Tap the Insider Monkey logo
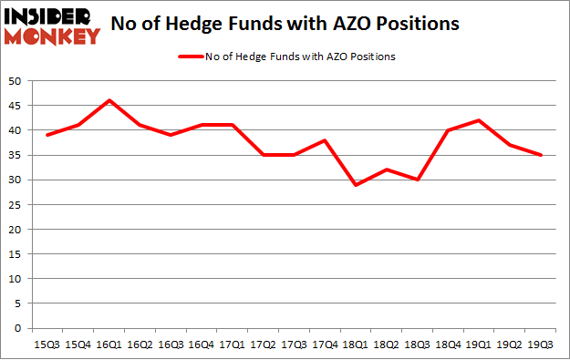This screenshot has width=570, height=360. (52, 26)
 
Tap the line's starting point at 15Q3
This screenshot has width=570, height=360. (47, 135)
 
